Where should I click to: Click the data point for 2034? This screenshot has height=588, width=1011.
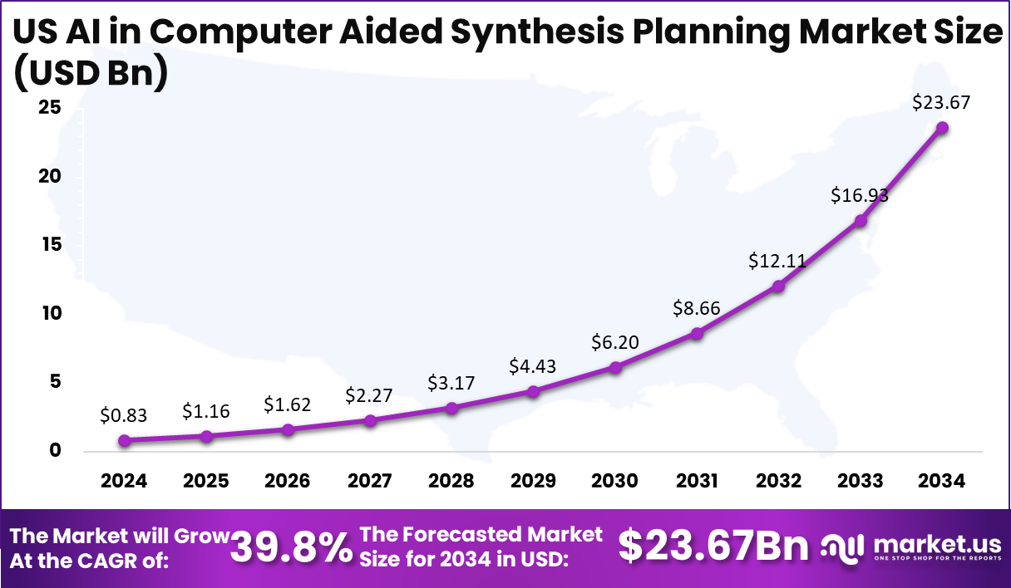(x=942, y=127)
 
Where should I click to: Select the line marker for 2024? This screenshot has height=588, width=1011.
(x=124, y=441)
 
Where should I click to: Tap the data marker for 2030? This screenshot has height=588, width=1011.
(x=615, y=367)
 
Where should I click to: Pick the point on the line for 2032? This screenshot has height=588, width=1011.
(x=778, y=286)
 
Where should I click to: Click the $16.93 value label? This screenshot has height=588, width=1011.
(x=860, y=195)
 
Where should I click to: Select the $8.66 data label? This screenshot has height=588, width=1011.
(x=697, y=309)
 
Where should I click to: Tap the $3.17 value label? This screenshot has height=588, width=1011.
(x=451, y=383)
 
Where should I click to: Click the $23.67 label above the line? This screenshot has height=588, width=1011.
(x=941, y=103)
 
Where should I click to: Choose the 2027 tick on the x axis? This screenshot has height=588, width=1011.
(x=370, y=481)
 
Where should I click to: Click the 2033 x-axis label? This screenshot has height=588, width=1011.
(x=861, y=481)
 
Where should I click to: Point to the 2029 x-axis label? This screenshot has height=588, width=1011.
(x=533, y=481)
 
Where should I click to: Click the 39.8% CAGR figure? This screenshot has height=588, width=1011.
(x=291, y=547)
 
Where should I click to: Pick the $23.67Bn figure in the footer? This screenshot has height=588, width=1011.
(x=714, y=546)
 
